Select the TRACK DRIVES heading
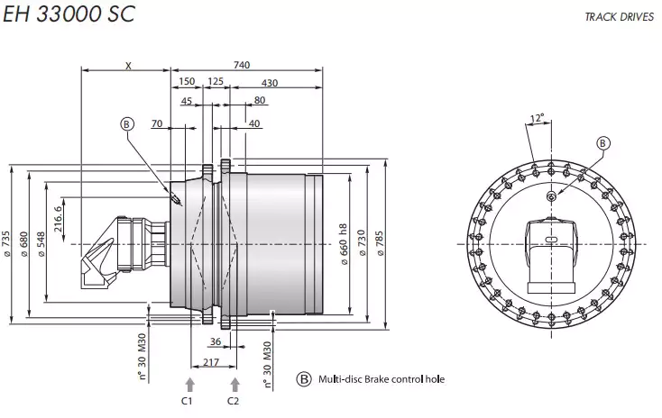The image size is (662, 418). point(619,17)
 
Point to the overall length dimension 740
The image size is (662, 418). point(242,64)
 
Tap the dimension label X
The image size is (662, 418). point(128,64)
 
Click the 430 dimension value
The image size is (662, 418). point(269,83)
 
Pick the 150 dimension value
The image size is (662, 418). point(187,82)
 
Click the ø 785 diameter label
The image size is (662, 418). point(380,244)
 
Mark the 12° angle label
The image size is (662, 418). point(538,117)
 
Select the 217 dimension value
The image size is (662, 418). point(211,362)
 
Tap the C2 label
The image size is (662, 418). point(234,400)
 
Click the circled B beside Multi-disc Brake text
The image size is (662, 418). point(304,379)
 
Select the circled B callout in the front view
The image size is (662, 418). point(603,142)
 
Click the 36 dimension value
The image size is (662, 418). point(215,341)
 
